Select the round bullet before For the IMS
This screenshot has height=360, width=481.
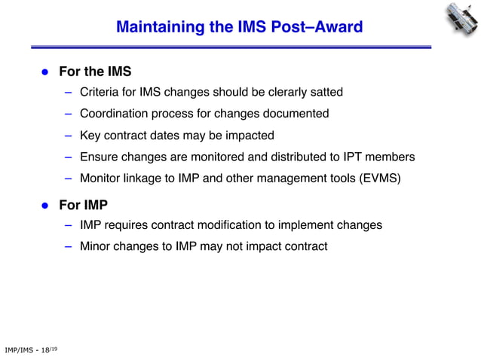coord(44,73)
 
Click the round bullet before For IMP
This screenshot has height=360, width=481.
coord(44,206)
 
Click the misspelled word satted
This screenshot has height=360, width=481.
coord(326,92)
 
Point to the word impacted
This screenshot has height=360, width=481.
coord(249,136)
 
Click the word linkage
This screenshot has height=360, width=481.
coord(149,179)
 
